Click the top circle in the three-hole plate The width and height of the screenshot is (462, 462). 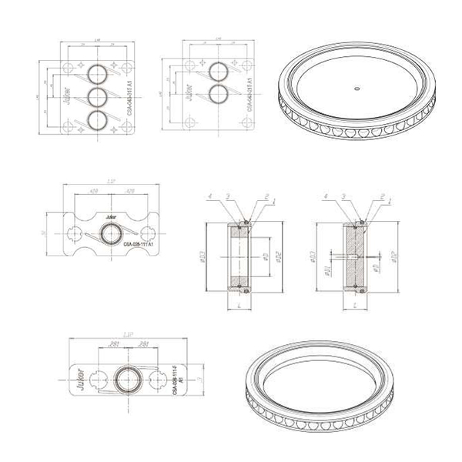click(x=98, y=73)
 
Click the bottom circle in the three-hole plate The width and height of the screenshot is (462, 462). click(x=98, y=120)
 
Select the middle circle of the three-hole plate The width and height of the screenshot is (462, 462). click(x=98, y=97)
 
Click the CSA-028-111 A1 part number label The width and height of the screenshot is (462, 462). click(x=139, y=243)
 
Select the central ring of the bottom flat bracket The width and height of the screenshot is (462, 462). click(x=126, y=378)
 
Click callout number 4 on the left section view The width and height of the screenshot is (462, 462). click(x=209, y=197)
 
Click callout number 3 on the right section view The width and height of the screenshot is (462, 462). click(x=343, y=197)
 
